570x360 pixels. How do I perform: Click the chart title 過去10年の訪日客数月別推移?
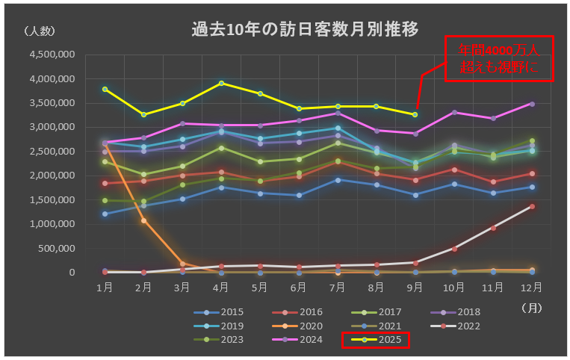coord(304,29)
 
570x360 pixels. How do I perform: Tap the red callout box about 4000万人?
coord(499,58)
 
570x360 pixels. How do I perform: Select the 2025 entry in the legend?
coord(375,340)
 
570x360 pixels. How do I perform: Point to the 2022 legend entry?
coord(455,326)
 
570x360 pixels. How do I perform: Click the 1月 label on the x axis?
coord(105,287)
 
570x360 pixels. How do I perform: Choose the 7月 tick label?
coord(338,287)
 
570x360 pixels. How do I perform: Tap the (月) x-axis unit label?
coord(531,306)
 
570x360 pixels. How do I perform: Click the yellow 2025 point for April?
coord(221,83)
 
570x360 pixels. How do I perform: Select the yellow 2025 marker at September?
coord(415,114)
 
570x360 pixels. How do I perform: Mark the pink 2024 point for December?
coord(532,104)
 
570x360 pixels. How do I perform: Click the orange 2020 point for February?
coord(143,220)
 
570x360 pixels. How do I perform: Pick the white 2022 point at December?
coord(532,206)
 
